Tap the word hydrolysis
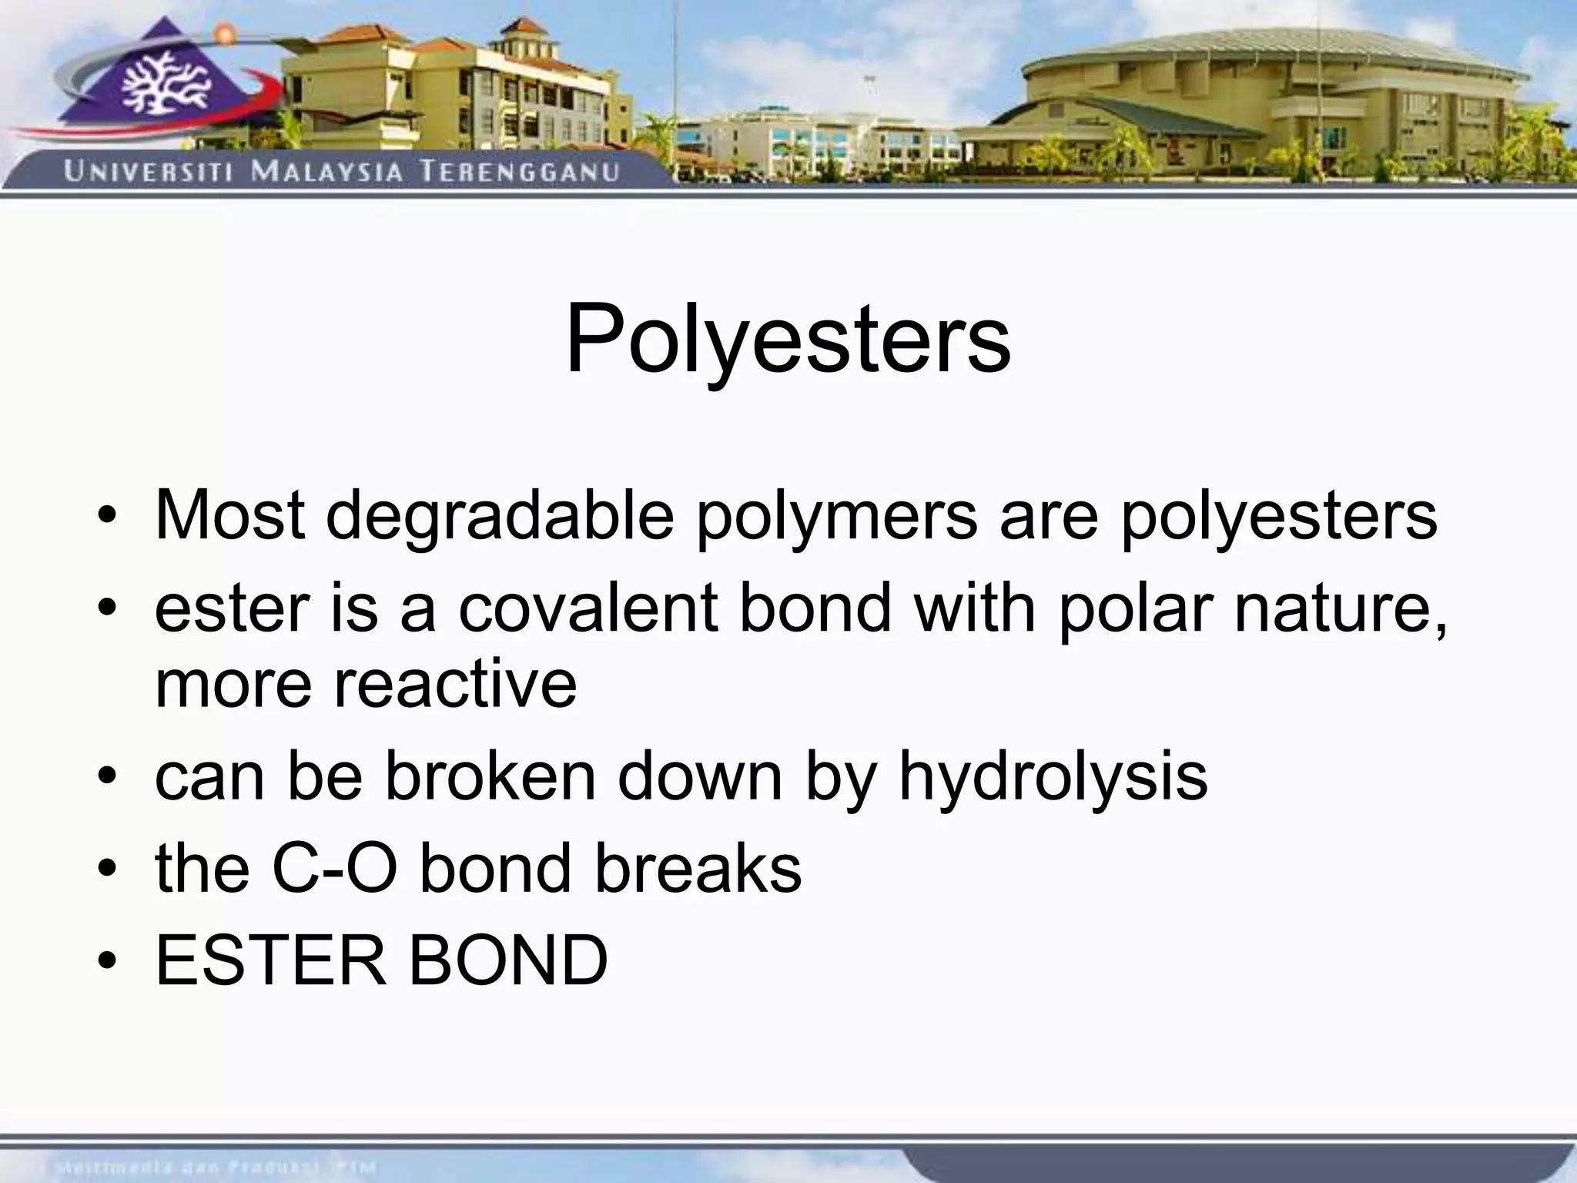1053,776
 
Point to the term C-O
334,868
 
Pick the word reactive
454,683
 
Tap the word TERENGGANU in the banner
519,170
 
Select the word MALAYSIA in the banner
326,170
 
